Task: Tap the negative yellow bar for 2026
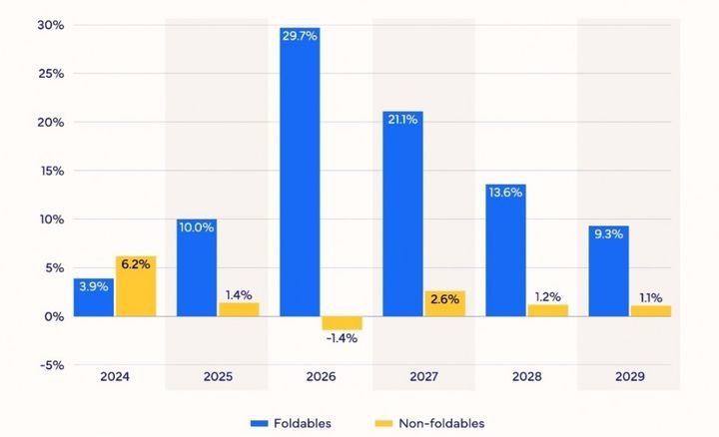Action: pos(342,322)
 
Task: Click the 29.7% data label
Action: pos(300,37)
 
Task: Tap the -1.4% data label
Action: pos(342,338)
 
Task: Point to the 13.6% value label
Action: pos(505,193)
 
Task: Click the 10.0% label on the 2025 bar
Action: pos(197,226)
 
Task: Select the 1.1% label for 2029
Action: pos(650,296)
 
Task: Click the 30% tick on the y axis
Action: pos(51,25)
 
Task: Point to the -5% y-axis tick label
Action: pos(50,364)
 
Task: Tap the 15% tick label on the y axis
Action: pos(51,171)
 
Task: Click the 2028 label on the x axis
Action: pos(526,378)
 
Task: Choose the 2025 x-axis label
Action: pos(218,378)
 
